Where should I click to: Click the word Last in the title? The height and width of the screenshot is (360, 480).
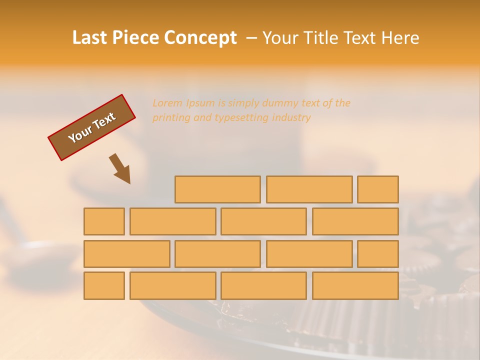click(90, 38)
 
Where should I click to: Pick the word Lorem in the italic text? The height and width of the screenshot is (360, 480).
click(167, 103)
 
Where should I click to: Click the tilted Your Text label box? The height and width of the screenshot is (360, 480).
click(91, 127)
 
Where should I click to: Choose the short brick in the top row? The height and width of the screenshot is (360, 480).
click(378, 189)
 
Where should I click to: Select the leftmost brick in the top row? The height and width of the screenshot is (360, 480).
click(217, 189)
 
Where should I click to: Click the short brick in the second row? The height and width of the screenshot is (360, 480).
click(104, 221)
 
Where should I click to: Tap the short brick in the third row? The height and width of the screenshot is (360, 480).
click(378, 254)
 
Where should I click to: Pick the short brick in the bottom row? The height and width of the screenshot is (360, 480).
click(104, 286)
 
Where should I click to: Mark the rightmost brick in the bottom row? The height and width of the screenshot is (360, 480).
click(355, 286)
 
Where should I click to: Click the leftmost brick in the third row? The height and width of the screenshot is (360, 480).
click(126, 254)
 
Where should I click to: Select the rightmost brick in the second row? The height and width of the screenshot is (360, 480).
click(355, 221)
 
